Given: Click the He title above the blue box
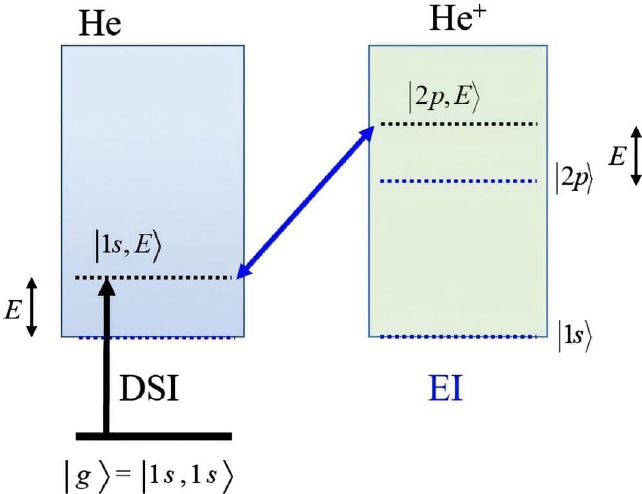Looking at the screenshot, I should click(100, 24).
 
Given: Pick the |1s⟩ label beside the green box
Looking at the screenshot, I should click(573, 337).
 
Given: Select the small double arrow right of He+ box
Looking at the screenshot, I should click(636, 154).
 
